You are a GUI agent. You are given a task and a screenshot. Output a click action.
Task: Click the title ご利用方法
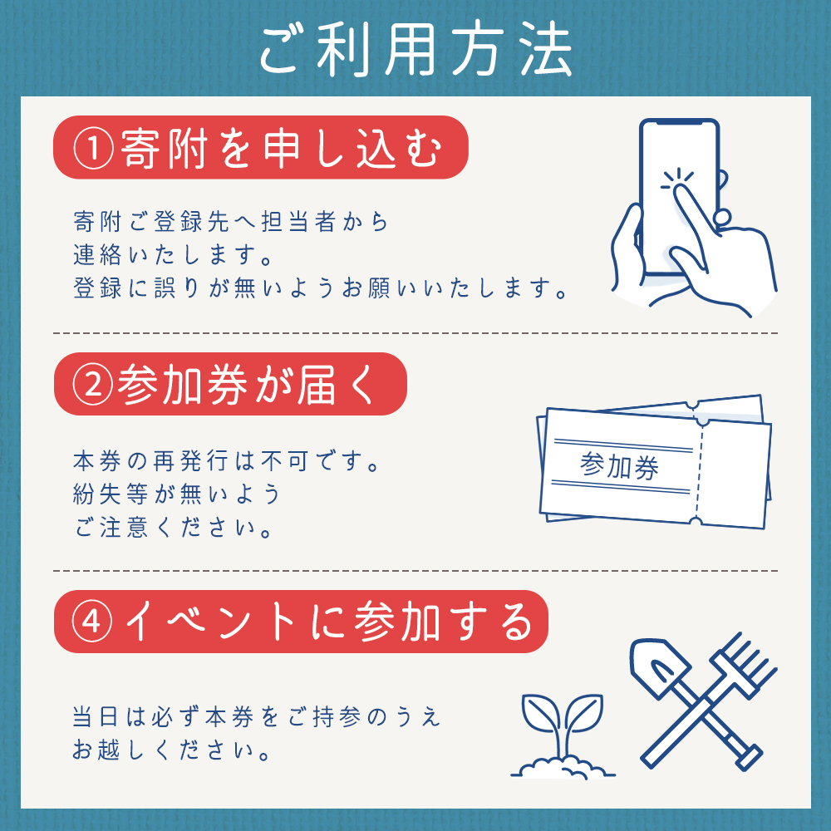coord(415,52)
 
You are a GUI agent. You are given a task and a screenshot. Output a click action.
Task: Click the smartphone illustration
coord(677,199)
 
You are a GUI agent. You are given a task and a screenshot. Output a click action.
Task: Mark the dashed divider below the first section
coord(415,332)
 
